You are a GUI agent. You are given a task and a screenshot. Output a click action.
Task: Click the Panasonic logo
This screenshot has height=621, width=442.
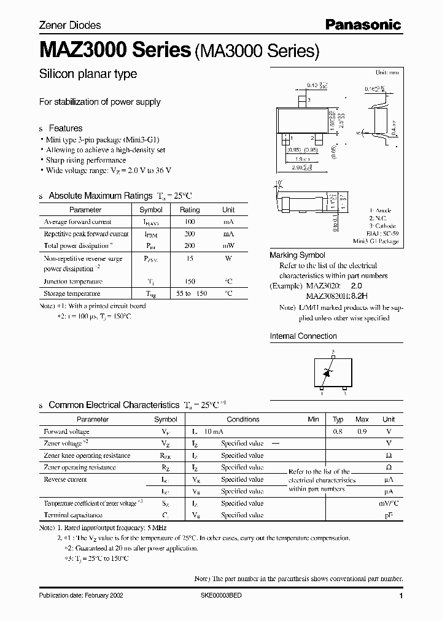[363, 25]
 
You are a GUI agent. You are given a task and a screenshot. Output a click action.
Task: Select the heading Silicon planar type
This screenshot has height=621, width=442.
[88, 74]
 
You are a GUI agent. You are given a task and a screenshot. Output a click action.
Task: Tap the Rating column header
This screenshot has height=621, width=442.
[190, 209]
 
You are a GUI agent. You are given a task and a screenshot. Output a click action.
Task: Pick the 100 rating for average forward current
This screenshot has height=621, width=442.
[190, 222]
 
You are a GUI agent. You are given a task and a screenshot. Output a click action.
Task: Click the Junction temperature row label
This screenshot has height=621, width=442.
[73, 281]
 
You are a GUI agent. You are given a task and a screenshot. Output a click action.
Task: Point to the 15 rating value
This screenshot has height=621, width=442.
[190, 258]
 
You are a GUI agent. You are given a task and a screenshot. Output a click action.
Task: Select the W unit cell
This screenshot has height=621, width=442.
[228, 258]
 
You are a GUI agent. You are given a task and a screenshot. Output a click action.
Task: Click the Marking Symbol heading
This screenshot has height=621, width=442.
[298, 255]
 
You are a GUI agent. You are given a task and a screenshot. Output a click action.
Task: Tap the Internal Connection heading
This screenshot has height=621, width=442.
[303, 336]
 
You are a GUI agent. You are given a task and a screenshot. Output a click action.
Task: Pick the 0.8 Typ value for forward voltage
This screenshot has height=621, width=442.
[338, 431]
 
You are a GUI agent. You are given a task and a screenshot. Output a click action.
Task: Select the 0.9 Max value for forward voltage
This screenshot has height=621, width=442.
[362, 431]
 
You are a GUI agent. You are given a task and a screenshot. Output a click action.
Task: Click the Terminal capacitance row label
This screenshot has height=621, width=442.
[73, 515]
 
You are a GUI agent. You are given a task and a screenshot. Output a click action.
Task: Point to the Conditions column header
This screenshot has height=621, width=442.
[243, 419]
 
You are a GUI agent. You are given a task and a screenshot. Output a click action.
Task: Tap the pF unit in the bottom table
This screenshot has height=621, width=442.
[388, 515]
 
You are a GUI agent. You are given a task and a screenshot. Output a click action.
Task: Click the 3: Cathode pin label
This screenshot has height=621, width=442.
[382, 226]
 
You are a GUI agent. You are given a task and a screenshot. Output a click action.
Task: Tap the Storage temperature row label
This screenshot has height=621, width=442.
[73, 293]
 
